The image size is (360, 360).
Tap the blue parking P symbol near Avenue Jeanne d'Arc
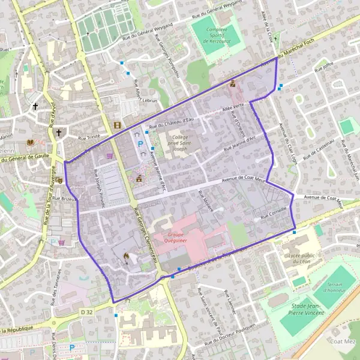coord(140,144)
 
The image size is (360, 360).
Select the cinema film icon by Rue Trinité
coord(116,125)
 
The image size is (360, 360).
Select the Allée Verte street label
coord(234,107)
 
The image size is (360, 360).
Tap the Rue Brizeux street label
coord(62,198)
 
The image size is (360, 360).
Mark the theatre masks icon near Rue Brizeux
coord(59,181)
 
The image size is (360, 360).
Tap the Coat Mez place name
coord(342,341)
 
